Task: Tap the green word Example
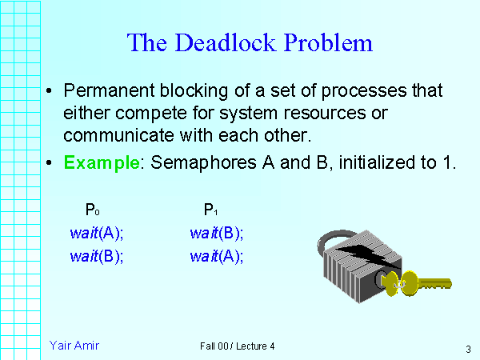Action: coord(102,164)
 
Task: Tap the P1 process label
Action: coord(211,211)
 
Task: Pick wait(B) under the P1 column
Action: coord(217,234)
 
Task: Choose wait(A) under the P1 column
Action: coord(217,257)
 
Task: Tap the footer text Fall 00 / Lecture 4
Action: coord(238,346)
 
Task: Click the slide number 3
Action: coord(466,349)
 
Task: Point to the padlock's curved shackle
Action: coord(330,240)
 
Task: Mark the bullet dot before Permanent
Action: coord(50,90)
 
